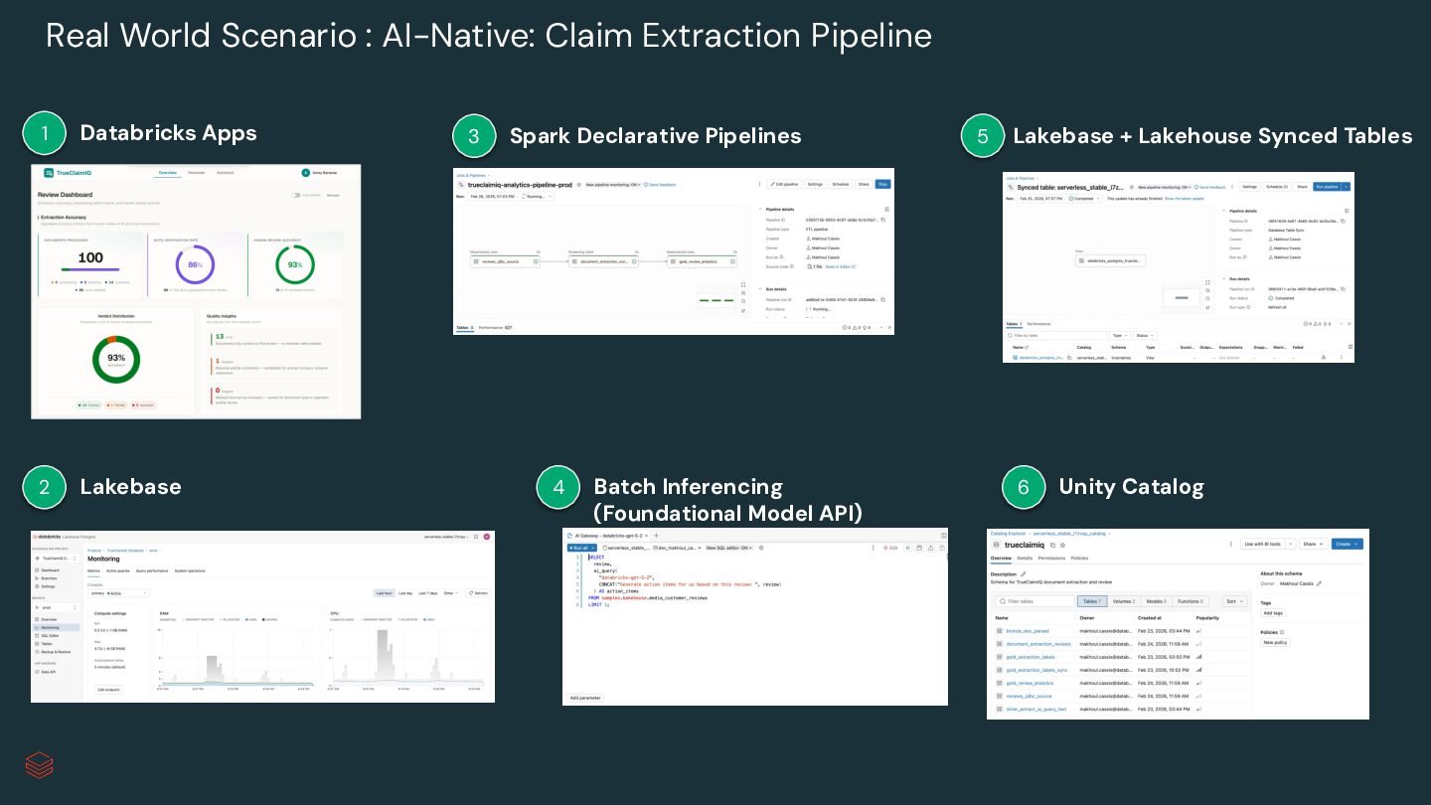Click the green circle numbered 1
coord(44,133)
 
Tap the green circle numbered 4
coord(557,487)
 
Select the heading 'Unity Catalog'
coord(1131,487)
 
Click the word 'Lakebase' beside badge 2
coord(130,487)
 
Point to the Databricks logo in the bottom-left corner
coord(39,764)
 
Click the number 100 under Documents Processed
coord(90,257)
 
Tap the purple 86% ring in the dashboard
coord(195,265)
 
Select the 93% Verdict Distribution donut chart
coord(116,359)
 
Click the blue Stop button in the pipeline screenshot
coord(882,184)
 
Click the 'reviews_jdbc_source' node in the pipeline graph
coord(505,261)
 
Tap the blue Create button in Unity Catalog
coord(1347,544)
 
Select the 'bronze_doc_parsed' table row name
coord(1028,631)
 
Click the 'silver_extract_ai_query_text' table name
coord(1035,709)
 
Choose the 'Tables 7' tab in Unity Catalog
coord(1091,601)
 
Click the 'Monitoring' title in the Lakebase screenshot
coord(103,559)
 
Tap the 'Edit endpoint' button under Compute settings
coord(108,689)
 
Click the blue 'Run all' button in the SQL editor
coord(582,548)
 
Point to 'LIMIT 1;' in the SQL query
coord(598,604)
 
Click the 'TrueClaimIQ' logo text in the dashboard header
coord(75,173)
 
